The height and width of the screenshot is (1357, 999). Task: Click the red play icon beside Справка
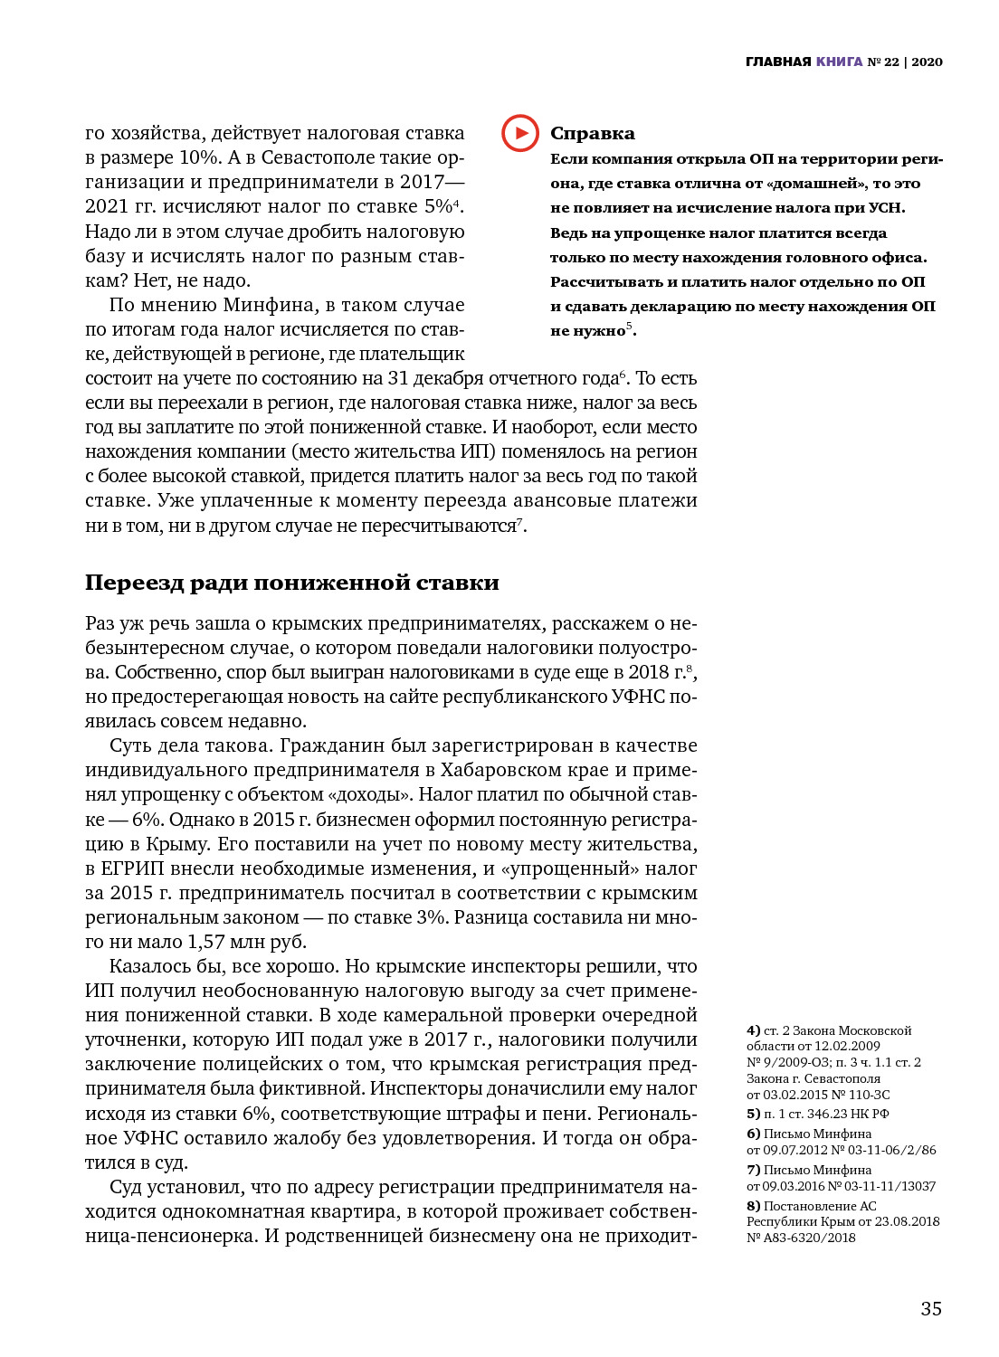(x=520, y=134)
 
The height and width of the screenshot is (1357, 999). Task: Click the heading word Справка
(x=593, y=134)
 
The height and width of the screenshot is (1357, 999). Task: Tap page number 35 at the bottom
(x=931, y=1308)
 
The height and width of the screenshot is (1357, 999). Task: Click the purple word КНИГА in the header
(x=839, y=62)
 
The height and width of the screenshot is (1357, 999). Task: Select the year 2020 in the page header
(x=927, y=62)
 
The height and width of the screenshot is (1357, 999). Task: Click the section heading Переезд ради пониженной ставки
(x=291, y=583)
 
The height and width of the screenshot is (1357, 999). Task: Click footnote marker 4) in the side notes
(x=753, y=1030)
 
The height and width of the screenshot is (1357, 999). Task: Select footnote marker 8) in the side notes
(x=753, y=1206)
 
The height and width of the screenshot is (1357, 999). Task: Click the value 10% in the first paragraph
(x=199, y=157)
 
